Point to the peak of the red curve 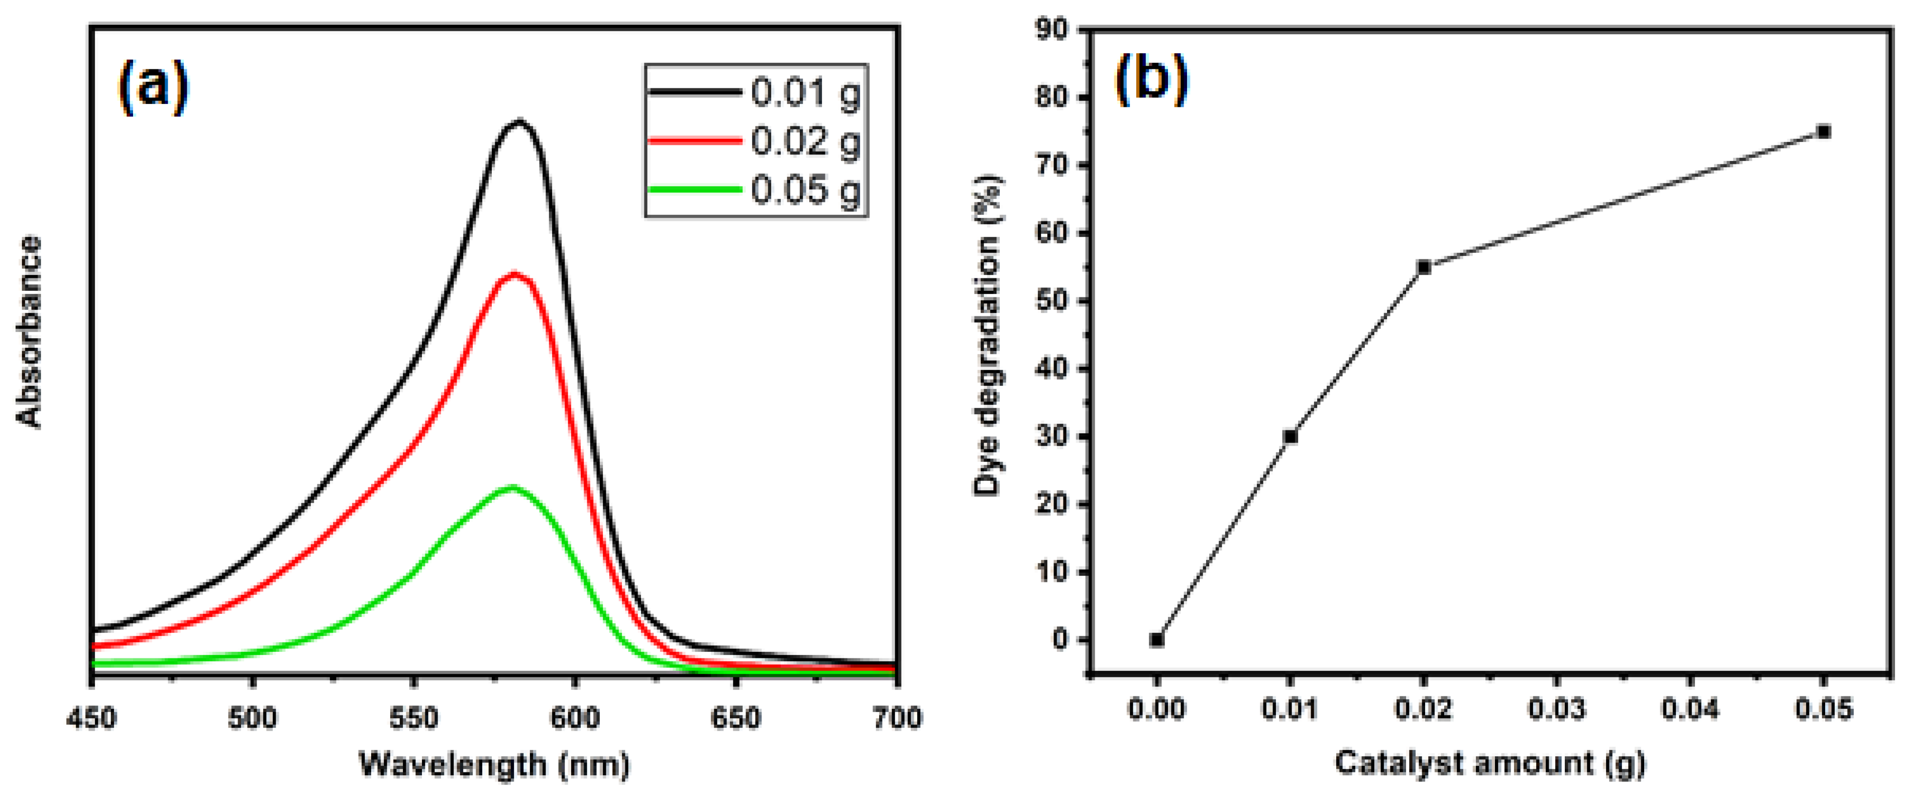coord(514,274)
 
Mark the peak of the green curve coord(511,487)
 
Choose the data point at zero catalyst coord(1157,639)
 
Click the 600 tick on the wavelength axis coord(574,718)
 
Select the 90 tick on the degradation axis coord(1052,30)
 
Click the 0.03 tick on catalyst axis coord(1557,708)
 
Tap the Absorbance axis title coord(30,332)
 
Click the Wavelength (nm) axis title coord(494,763)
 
